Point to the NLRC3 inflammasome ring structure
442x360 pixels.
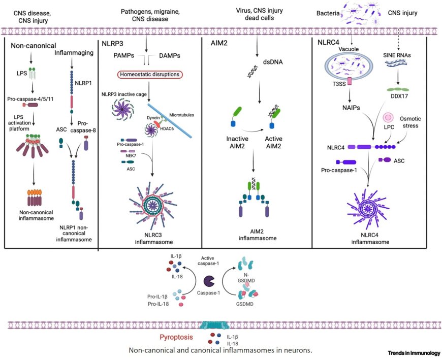point(151,204)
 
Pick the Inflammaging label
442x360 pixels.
point(71,53)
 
